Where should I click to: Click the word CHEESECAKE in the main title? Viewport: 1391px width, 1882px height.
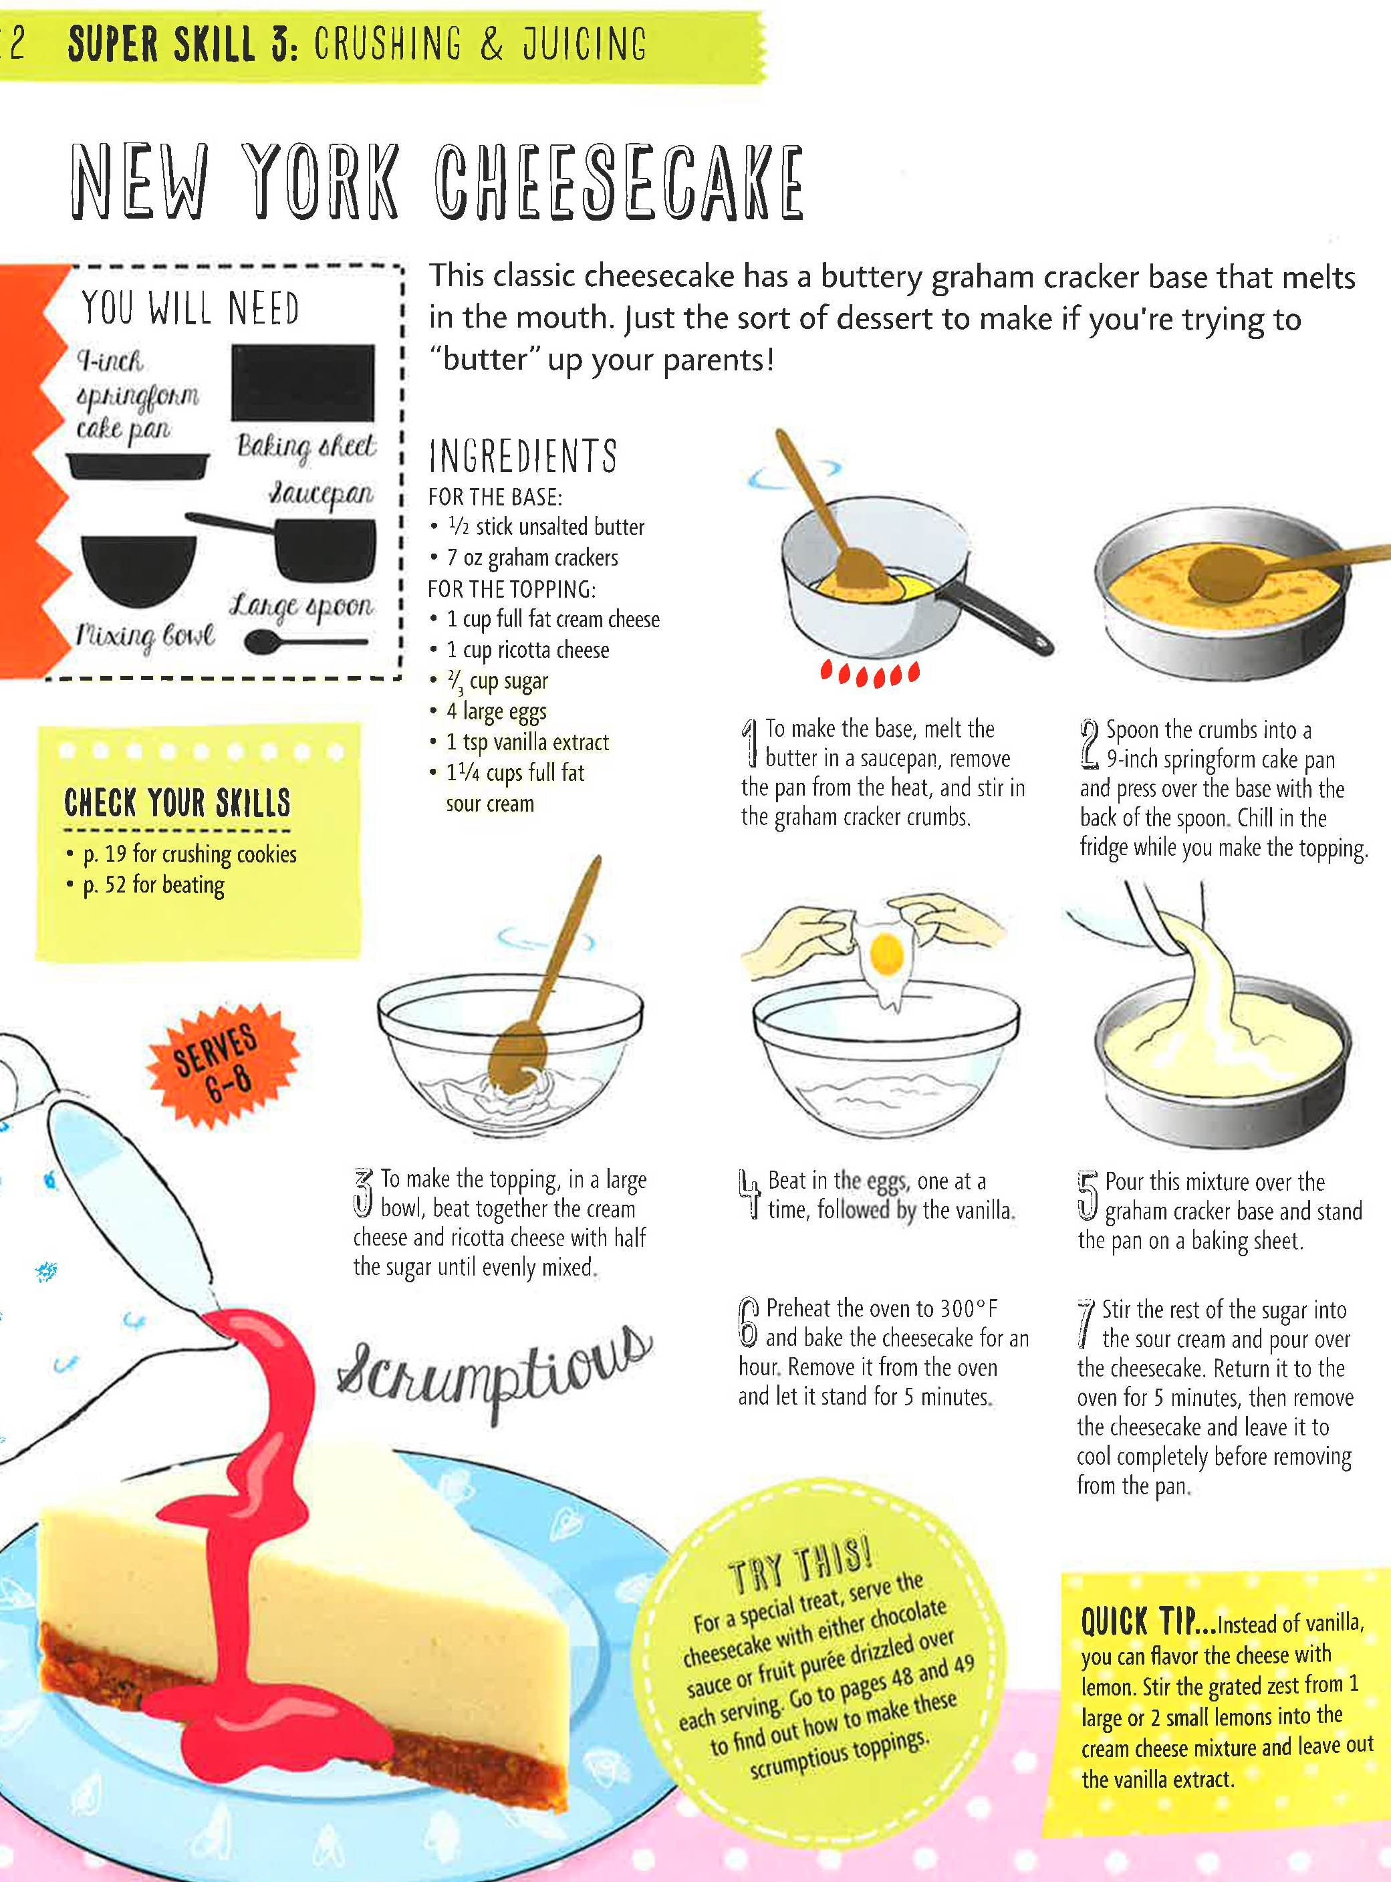[619, 181]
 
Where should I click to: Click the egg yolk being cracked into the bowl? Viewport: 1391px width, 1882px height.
[886, 953]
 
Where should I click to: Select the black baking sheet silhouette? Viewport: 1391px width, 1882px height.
[303, 383]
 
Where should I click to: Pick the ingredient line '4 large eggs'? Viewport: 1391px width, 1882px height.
[496, 711]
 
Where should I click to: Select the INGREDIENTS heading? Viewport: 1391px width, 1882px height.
[523, 455]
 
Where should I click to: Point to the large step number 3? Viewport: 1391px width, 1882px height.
[364, 1191]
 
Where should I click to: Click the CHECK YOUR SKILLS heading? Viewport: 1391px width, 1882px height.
[177, 802]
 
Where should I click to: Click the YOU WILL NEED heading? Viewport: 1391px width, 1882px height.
[191, 308]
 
